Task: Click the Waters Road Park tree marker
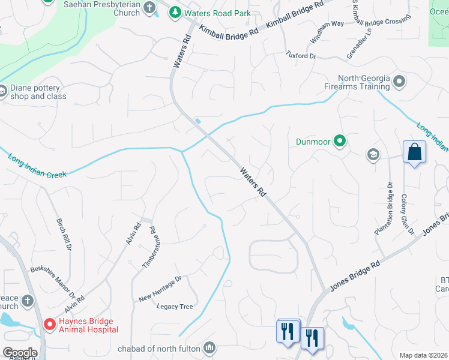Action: [x=175, y=13]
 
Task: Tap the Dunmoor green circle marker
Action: [x=340, y=142]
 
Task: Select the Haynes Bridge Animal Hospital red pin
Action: [x=49, y=325]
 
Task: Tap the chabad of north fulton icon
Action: [x=209, y=347]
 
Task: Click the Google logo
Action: [x=19, y=353]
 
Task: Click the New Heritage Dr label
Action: [x=160, y=289]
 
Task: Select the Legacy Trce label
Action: [x=175, y=307]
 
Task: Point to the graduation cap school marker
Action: [x=373, y=155]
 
